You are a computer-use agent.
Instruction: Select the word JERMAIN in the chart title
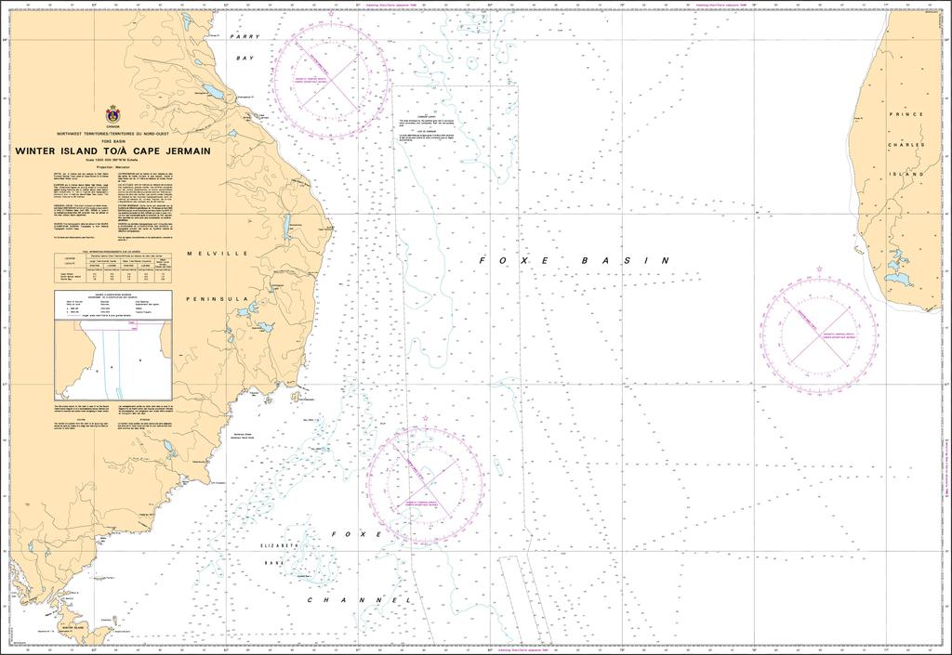point(185,151)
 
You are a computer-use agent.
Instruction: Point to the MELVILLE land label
point(217,253)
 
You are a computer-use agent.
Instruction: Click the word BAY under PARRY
point(244,58)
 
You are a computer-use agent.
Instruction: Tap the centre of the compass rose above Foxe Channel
point(427,479)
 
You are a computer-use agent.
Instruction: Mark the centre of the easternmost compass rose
point(818,332)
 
